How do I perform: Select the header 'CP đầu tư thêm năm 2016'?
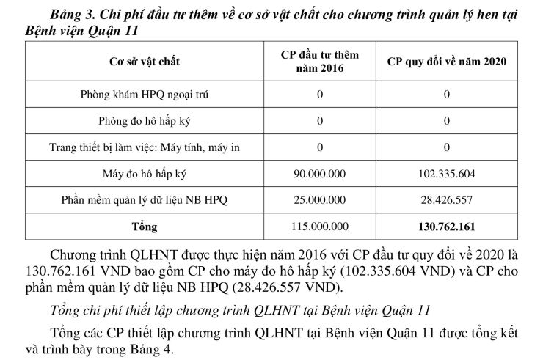pos(320,62)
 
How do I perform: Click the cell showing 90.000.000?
pos(320,174)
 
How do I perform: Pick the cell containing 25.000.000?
pos(320,199)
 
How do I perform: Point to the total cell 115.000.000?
pos(320,227)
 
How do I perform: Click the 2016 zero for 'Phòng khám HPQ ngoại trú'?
pos(320,95)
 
